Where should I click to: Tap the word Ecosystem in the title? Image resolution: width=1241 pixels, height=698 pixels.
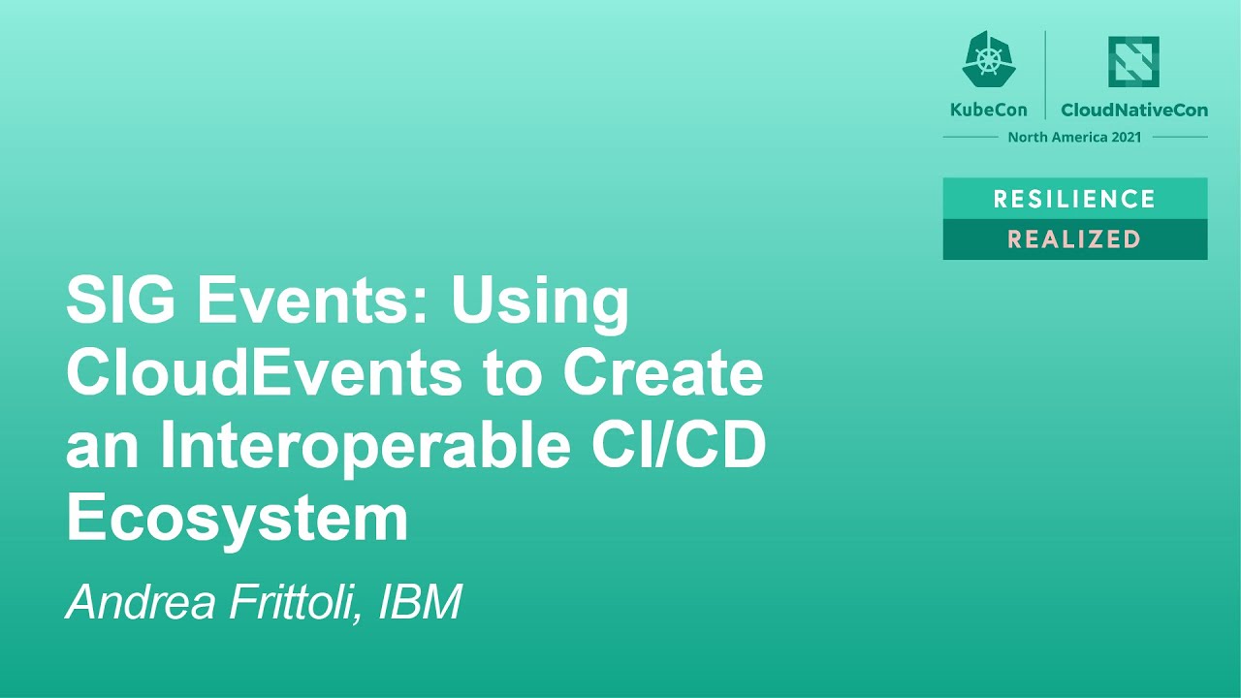237,521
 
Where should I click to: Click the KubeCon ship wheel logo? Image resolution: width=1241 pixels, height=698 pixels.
988,60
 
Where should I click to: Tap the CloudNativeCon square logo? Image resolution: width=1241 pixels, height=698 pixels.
1133,62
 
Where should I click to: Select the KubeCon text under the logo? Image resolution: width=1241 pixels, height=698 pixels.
988,110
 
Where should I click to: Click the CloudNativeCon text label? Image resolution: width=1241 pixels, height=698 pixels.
1134,110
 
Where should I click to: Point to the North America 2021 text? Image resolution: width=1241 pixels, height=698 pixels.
1074,137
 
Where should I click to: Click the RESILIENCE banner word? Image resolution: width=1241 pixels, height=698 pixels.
1074,199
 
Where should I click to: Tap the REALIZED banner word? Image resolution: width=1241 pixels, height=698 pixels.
1074,239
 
